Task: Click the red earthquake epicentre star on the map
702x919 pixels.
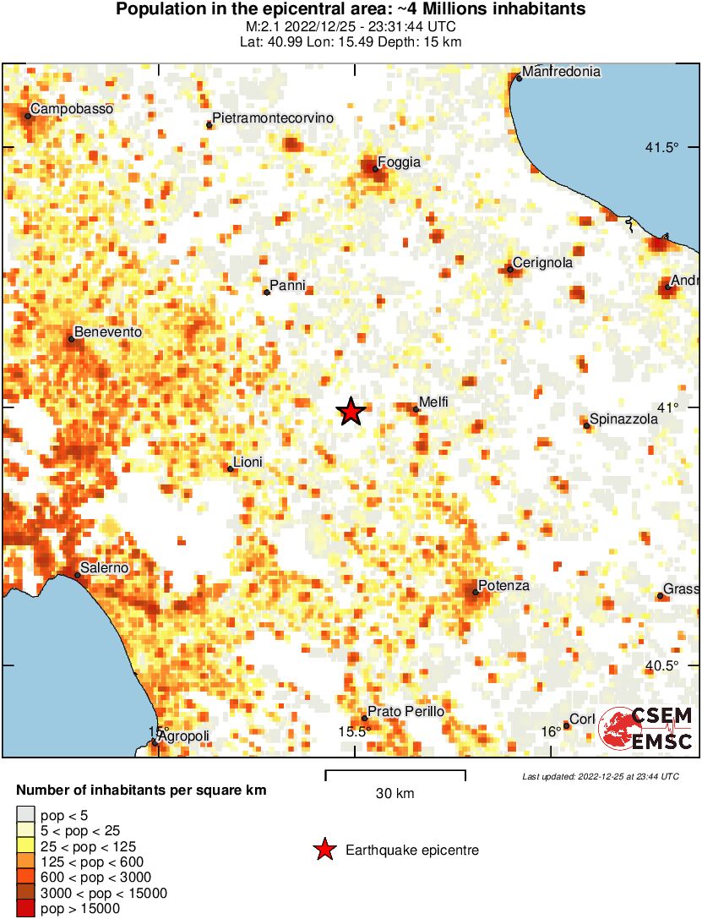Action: click(351, 412)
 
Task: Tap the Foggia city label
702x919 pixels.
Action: click(399, 162)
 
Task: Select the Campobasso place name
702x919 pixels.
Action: click(71, 109)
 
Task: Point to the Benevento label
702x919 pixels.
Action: click(108, 332)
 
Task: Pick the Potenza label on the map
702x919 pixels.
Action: click(503, 586)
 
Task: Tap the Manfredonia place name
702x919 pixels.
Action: click(561, 72)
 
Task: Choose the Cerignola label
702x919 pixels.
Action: click(542, 263)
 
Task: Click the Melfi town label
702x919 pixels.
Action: click(433, 402)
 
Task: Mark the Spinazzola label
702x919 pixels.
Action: click(623, 418)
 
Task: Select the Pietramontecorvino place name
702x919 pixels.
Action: click(273, 118)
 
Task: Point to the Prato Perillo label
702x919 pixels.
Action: click(406, 712)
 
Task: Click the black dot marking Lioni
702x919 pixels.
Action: click(230, 468)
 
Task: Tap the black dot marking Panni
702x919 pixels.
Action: click(267, 293)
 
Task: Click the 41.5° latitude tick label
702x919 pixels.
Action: click(662, 148)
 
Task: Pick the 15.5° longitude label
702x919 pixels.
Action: click(355, 731)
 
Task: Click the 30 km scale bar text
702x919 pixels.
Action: click(395, 794)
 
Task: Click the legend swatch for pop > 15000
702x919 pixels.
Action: click(25, 909)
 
